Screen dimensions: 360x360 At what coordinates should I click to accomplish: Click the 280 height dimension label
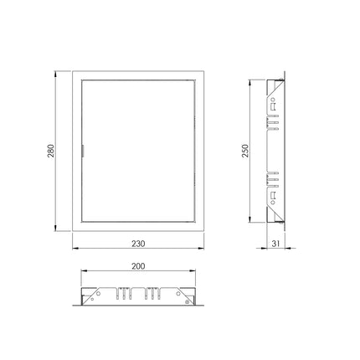[x=51, y=151]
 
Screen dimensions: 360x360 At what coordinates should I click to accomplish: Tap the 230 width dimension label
[x=138, y=244]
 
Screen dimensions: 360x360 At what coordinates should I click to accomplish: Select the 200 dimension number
[x=138, y=266]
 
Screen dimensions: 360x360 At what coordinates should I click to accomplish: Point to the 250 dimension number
[x=245, y=151]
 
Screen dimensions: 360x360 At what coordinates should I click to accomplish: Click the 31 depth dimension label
[x=275, y=244]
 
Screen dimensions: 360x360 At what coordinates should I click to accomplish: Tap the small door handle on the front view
[x=83, y=151]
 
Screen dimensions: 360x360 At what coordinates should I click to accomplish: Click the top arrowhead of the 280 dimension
[x=55, y=75]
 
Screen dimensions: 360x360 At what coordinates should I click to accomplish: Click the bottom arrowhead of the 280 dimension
[x=55, y=228]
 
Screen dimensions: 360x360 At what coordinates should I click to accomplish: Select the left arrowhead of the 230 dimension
[x=75, y=248]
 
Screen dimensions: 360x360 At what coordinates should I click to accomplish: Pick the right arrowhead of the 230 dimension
[x=201, y=248]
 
